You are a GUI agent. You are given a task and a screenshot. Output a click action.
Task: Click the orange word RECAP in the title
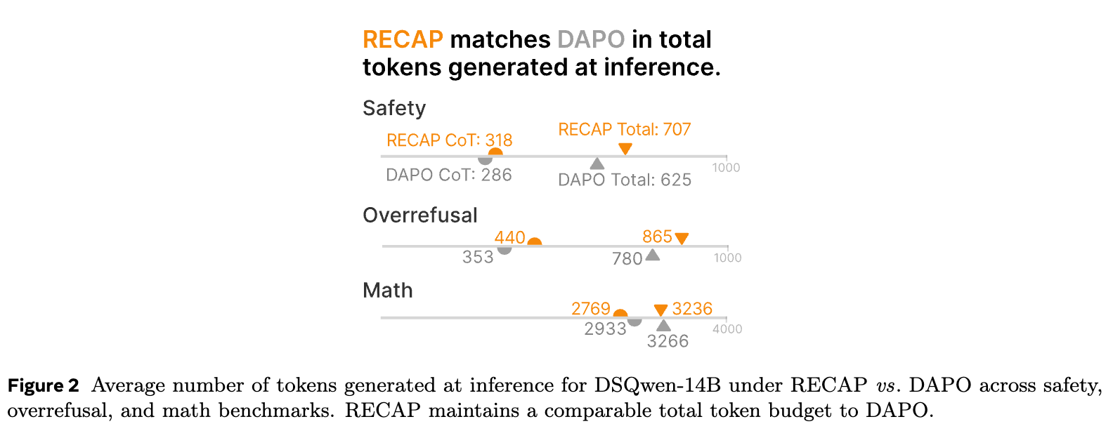(403, 39)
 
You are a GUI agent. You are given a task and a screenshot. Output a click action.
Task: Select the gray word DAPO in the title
(591, 39)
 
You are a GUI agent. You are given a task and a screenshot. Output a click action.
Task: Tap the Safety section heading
(394, 108)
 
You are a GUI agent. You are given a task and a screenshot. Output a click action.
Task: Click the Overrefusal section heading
(419, 215)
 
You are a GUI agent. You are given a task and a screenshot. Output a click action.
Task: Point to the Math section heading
(387, 291)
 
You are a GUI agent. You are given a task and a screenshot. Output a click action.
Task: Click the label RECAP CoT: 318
(449, 140)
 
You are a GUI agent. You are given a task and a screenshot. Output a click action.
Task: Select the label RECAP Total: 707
(624, 130)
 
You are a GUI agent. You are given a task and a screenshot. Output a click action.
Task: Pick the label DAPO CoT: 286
(448, 175)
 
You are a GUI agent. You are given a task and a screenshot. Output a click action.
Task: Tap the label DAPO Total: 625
(624, 180)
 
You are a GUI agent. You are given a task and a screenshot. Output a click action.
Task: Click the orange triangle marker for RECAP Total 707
(625, 148)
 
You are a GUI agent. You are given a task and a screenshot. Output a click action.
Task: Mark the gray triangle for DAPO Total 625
(597, 164)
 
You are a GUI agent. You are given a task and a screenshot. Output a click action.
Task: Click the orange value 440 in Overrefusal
(509, 238)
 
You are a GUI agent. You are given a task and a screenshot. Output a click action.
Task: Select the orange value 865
(657, 237)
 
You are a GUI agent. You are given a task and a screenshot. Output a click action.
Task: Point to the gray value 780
(627, 259)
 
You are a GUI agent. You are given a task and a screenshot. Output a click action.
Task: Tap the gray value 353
(478, 258)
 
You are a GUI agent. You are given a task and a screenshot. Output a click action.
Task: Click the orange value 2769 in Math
(590, 309)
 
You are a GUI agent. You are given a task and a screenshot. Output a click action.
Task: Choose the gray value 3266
(668, 341)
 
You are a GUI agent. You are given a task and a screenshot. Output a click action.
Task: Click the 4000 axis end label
(727, 329)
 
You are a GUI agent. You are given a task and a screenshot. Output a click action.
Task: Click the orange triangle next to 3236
(660, 310)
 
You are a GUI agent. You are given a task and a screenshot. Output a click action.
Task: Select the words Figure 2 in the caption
(43, 385)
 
